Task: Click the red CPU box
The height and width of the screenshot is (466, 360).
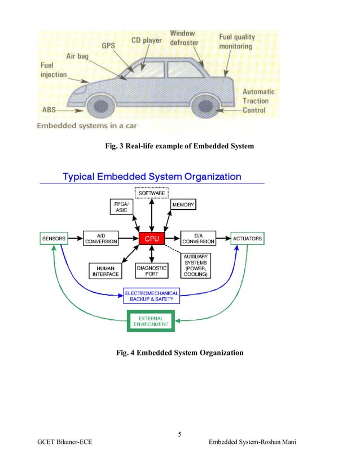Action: click(152, 239)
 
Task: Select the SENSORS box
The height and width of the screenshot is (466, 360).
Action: click(54, 239)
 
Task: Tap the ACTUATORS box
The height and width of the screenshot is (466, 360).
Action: click(247, 239)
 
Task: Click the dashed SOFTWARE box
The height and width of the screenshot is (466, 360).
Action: click(152, 193)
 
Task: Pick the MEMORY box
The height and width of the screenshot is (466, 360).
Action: click(183, 205)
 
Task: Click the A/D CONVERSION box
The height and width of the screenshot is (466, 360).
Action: click(101, 239)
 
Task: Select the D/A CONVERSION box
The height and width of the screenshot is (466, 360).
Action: click(198, 239)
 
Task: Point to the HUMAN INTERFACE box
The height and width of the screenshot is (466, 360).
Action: click(106, 271)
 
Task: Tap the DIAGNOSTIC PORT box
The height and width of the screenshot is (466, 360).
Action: click(152, 271)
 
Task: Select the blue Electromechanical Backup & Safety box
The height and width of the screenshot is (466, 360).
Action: click(152, 296)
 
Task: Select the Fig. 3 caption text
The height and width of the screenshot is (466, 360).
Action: click(179, 147)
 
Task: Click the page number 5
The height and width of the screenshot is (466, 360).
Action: click(179, 434)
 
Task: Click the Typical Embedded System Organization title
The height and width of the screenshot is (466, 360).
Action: click(152, 177)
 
